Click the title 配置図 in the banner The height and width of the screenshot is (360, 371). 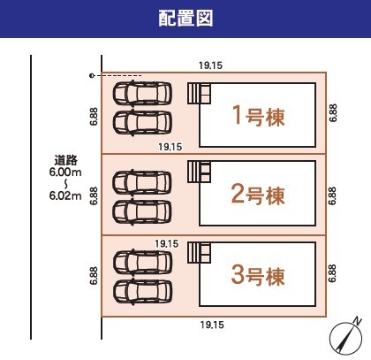pos(185,19)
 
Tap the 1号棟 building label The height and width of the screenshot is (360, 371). pos(259,116)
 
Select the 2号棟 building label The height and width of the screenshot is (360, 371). pos(258,195)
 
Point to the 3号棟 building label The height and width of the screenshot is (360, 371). pos(258,275)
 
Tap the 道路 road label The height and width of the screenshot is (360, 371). pos(65,160)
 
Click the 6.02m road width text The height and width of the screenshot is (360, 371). pos(65,195)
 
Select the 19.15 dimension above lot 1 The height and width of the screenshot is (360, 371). pos(210,65)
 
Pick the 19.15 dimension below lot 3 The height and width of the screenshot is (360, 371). pos(212,325)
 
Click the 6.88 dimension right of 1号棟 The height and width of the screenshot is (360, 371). pos(333,112)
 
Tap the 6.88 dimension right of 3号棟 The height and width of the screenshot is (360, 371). pos(332,273)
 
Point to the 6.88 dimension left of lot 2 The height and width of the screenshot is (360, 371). pos(94,195)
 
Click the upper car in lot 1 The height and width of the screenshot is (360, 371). pos(142,93)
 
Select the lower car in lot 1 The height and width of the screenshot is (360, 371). pos(142,123)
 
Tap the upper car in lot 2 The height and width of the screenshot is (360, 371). pos(142,182)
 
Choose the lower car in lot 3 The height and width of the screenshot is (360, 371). pos(143,292)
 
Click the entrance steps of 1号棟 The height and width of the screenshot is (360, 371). pos(200,94)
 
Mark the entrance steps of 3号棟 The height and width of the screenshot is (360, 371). pos(200,253)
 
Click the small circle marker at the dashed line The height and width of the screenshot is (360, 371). pos(92,76)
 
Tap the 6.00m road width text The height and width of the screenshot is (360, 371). pos(65,172)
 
